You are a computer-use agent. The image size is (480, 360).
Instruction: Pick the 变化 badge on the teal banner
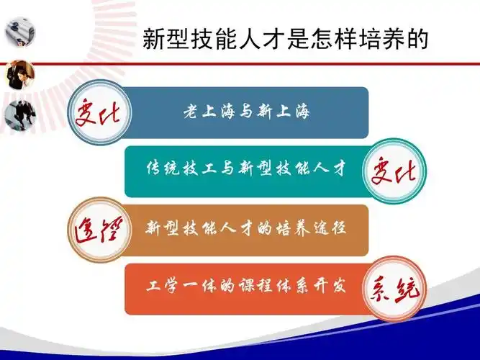tap(392, 171)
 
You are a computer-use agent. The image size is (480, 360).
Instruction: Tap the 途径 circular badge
tap(100, 230)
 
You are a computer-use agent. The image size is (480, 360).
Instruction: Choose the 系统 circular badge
tap(392, 289)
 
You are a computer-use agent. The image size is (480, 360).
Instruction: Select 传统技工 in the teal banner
tap(173, 171)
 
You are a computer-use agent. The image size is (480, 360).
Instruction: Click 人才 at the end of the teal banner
tap(332, 171)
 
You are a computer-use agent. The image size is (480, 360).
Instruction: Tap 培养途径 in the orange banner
tap(309, 230)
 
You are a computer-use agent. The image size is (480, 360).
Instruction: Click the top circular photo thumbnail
tap(15, 32)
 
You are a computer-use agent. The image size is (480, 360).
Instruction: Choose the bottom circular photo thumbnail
tap(16, 116)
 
